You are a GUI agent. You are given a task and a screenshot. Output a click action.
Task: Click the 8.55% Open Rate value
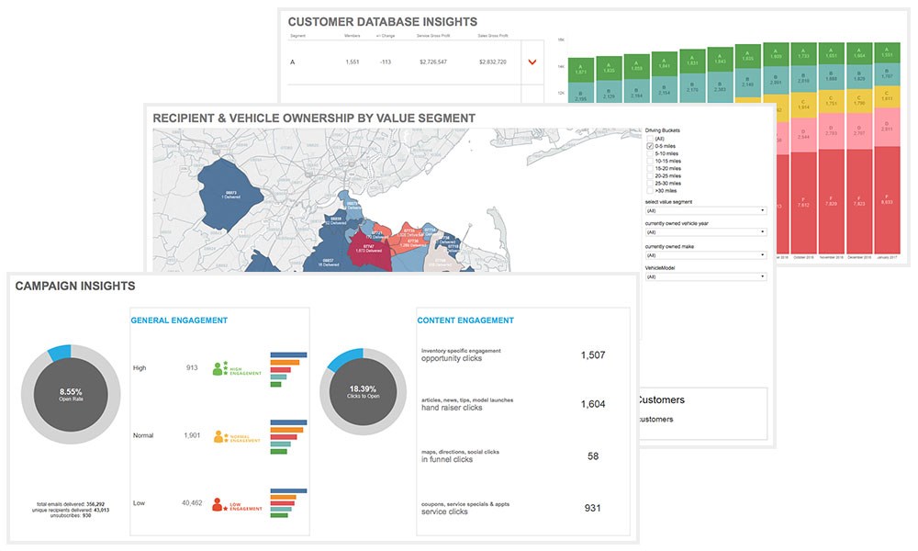coord(71,391)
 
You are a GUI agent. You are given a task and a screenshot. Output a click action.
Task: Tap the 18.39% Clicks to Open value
coord(364,390)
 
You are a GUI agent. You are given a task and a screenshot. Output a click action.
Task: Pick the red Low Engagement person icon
coord(218,504)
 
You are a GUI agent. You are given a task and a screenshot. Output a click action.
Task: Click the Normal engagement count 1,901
coord(192,435)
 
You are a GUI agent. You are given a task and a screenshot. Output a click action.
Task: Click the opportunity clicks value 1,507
coord(590,354)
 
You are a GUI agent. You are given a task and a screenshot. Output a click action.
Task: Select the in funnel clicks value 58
coord(591,455)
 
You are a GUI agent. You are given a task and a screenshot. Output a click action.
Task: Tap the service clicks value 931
coord(590,507)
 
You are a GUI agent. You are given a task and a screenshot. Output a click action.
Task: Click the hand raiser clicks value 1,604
coord(590,404)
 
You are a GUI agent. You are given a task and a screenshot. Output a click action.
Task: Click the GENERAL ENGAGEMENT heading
coord(179,320)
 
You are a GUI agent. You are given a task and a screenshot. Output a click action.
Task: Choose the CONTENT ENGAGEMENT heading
coord(465,320)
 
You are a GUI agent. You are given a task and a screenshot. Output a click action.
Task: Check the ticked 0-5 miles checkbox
coord(650,145)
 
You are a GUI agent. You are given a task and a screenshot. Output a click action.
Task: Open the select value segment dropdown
coord(705,210)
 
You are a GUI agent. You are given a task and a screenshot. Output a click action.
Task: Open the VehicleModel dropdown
coord(705,276)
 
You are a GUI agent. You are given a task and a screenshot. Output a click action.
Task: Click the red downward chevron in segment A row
coord(531,62)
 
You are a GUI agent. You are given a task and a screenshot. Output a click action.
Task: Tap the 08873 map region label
coord(218,194)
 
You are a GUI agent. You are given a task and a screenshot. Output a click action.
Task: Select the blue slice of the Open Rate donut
coord(60,352)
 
